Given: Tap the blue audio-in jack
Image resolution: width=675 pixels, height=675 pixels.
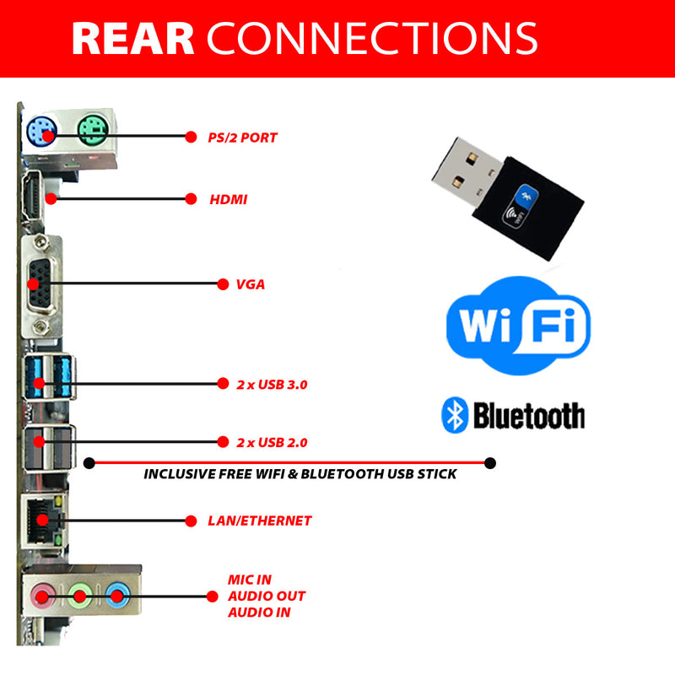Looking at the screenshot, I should (116, 597).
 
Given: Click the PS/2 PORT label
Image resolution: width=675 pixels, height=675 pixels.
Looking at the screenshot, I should (242, 137).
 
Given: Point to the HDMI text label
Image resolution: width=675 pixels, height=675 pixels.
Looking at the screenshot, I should (228, 200).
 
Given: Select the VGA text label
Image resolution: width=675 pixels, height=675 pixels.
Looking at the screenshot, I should (251, 284).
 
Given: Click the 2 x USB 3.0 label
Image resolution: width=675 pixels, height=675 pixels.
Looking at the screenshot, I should (272, 384).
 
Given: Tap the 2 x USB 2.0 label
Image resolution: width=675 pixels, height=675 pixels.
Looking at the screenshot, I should (272, 442).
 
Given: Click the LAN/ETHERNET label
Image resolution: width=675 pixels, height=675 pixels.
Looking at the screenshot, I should (259, 521).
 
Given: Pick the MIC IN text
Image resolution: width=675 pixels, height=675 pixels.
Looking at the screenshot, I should (250, 580).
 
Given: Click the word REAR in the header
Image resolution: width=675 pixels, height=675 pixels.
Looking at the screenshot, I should (133, 38).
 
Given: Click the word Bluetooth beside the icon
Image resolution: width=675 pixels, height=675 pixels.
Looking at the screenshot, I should (528, 415).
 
